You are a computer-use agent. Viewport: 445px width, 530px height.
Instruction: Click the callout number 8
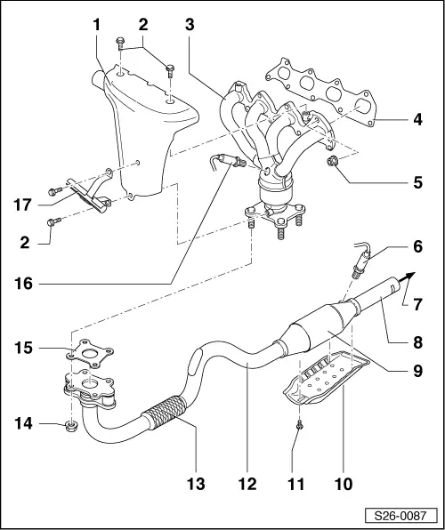coord(417,339)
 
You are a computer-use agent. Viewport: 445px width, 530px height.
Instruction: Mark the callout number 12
coord(247,484)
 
